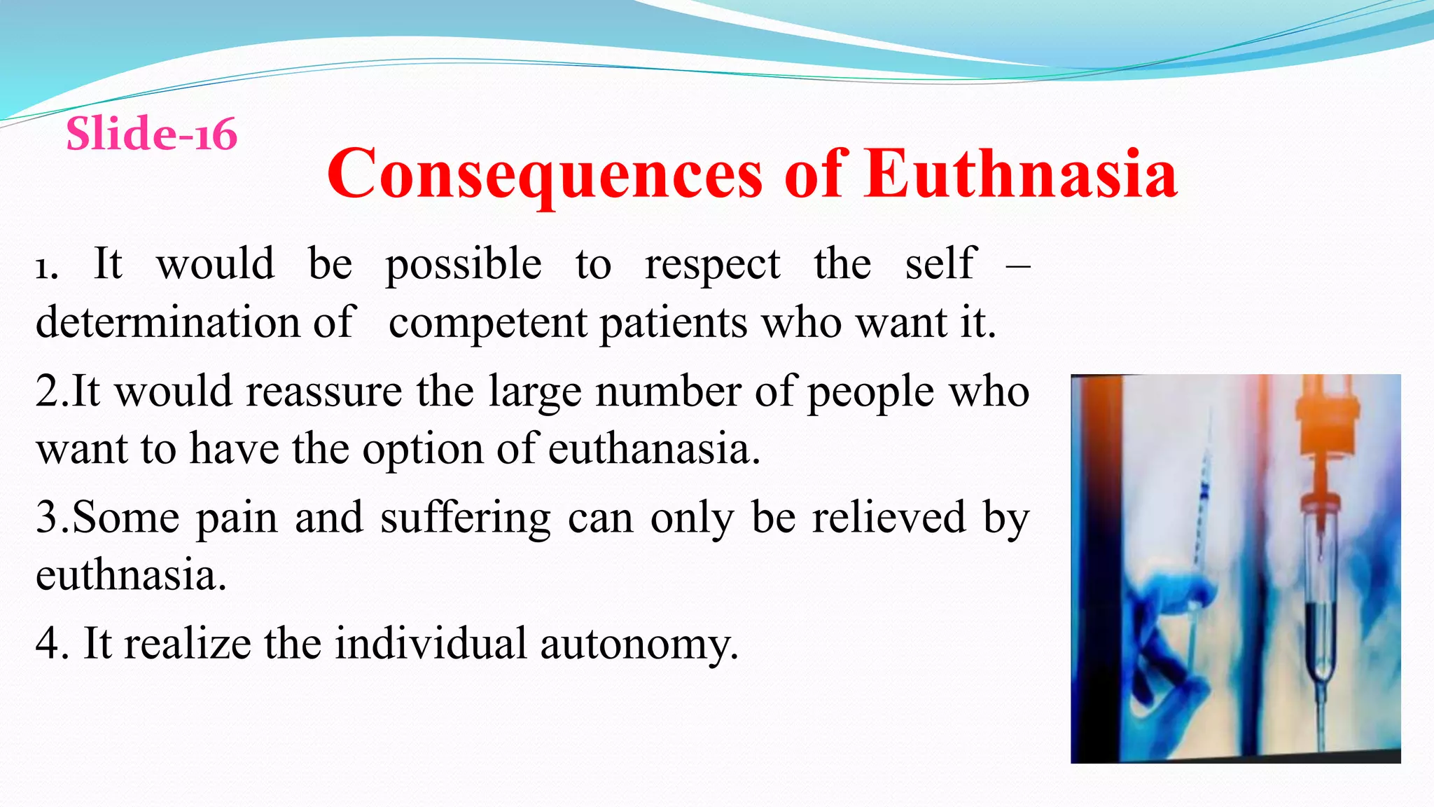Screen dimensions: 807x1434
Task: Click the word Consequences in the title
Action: click(544, 174)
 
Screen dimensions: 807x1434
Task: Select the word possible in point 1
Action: click(463, 265)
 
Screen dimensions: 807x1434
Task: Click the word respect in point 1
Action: click(712, 265)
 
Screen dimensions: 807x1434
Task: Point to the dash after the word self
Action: click(1017, 265)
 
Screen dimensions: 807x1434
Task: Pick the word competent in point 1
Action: click(487, 324)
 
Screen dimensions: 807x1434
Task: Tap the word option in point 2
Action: click(422, 448)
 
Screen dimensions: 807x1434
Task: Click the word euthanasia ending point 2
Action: click(653, 448)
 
